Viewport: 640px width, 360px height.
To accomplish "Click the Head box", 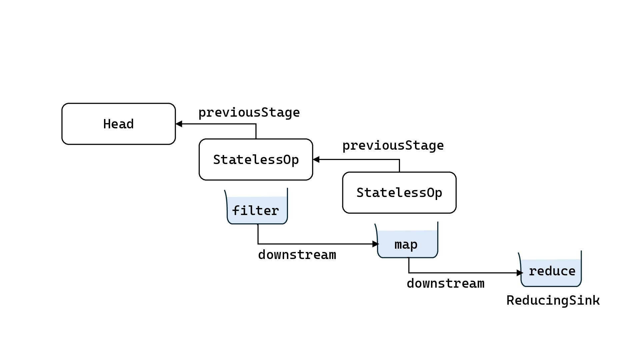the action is click(119, 124).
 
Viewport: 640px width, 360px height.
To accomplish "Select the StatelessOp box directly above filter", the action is click(256, 160).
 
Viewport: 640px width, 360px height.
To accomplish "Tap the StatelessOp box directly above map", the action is click(399, 193).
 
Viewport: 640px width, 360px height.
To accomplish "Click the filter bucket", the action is click(256, 206).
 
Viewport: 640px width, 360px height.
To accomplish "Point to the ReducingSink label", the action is click(553, 300).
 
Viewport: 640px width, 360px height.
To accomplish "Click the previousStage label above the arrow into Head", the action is click(249, 113).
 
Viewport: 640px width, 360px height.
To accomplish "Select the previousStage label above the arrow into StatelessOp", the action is click(393, 146).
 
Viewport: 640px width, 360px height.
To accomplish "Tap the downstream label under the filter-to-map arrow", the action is click(297, 255).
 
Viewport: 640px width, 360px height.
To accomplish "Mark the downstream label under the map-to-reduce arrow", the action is click(446, 284).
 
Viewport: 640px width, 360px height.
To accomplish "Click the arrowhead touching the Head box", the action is click(179, 124).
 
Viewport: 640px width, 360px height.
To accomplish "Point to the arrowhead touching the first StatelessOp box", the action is click(316, 160).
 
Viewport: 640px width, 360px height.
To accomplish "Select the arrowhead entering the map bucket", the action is click(376, 244).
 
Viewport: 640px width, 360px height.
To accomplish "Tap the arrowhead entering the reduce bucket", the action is click(520, 273).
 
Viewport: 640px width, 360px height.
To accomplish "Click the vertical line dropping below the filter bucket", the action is click(258, 234).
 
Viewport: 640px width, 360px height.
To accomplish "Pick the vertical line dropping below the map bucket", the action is click(409, 265).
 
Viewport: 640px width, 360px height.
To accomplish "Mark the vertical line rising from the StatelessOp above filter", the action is click(256, 131).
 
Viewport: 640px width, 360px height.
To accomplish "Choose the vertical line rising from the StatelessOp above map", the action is click(399, 166).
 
